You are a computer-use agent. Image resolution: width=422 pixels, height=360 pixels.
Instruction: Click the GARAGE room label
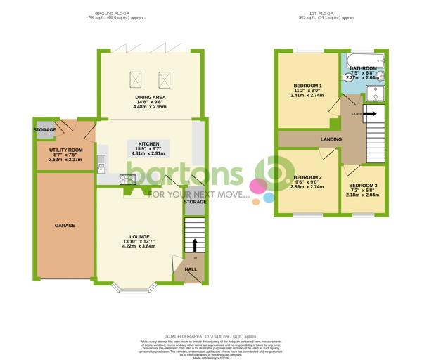[65, 225]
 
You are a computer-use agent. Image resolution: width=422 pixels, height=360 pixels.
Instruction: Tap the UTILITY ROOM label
[66, 150]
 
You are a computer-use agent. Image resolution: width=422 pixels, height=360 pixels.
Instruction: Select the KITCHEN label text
[148, 143]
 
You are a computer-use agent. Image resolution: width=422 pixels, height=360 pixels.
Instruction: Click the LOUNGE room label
[139, 236]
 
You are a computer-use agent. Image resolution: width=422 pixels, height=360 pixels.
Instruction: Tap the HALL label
[191, 269]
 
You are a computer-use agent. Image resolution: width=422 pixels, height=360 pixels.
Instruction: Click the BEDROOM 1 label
[307, 88]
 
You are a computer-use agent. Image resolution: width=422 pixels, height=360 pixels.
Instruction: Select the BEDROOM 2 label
[307, 177]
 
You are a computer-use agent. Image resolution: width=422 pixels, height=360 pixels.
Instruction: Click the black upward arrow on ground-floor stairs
[195, 245]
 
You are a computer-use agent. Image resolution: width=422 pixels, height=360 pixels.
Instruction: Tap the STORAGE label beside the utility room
[46, 131]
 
